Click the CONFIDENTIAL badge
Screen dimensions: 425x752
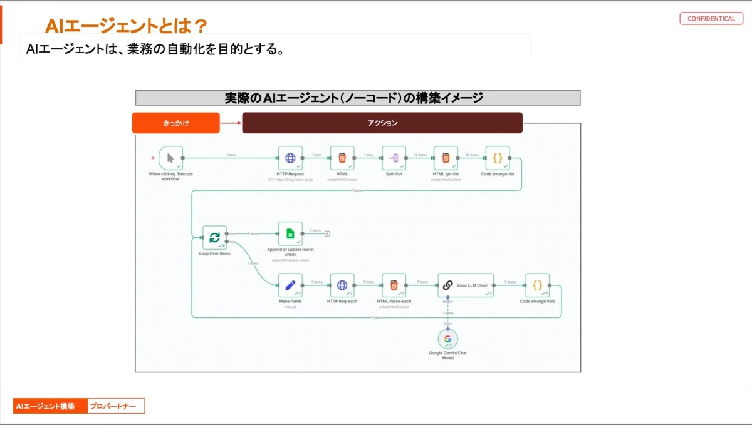tap(711, 19)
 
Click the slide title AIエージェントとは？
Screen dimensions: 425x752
tap(126, 26)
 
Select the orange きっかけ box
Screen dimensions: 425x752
tap(175, 123)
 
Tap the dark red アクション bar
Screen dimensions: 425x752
tap(382, 123)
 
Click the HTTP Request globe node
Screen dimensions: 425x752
tap(290, 158)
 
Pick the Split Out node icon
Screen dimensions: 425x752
tap(394, 158)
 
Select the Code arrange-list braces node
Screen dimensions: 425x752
tap(498, 158)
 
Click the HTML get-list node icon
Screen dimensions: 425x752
tap(446, 158)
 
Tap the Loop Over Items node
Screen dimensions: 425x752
tap(214, 238)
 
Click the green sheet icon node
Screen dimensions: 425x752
tap(290, 233)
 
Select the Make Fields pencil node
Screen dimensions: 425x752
tap(290, 285)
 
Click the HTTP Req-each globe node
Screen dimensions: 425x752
tap(342, 285)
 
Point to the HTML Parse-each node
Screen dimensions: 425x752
tap(394, 285)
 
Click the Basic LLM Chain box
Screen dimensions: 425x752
tap(466, 285)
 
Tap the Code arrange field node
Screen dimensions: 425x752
tap(537, 285)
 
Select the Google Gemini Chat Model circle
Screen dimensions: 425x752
tap(447, 339)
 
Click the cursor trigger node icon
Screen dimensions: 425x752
tap(170, 158)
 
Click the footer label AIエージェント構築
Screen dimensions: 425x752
tap(50, 406)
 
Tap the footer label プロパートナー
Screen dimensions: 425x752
tap(115, 406)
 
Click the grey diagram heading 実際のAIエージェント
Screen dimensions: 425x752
tap(357, 98)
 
